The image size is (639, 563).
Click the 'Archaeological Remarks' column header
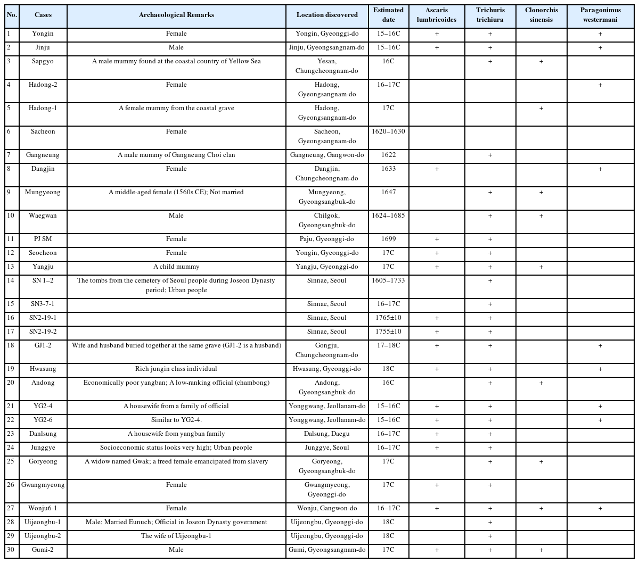[x=176, y=15]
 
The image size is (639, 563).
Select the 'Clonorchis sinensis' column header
[x=541, y=15]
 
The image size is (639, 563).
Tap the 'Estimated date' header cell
[x=388, y=15]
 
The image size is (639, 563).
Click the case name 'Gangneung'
[x=43, y=155]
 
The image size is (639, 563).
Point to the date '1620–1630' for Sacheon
[x=388, y=131]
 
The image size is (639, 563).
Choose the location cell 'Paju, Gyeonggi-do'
[x=326, y=239]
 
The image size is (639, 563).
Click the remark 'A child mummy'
[x=176, y=267]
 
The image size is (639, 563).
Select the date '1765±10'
[x=388, y=318]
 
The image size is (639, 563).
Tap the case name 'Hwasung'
[x=43, y=369]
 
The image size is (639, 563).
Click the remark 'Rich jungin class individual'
[x=176, y=369]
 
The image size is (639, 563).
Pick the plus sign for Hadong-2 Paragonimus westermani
[x=600, y=85]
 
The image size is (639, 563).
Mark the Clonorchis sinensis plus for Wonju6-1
[x=541, y=509]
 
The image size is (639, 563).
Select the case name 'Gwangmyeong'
[x=43, y=485]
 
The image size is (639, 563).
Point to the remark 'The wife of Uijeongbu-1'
[x=176, y=536]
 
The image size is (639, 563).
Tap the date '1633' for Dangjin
[x=388, y=169]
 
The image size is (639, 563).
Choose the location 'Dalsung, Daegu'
[x=326, y=434]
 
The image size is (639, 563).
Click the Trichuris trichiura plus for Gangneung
[x=490, y=155]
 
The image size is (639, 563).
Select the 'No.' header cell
[x=12, y=15]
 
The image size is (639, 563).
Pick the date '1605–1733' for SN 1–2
[x=388, y=280]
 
